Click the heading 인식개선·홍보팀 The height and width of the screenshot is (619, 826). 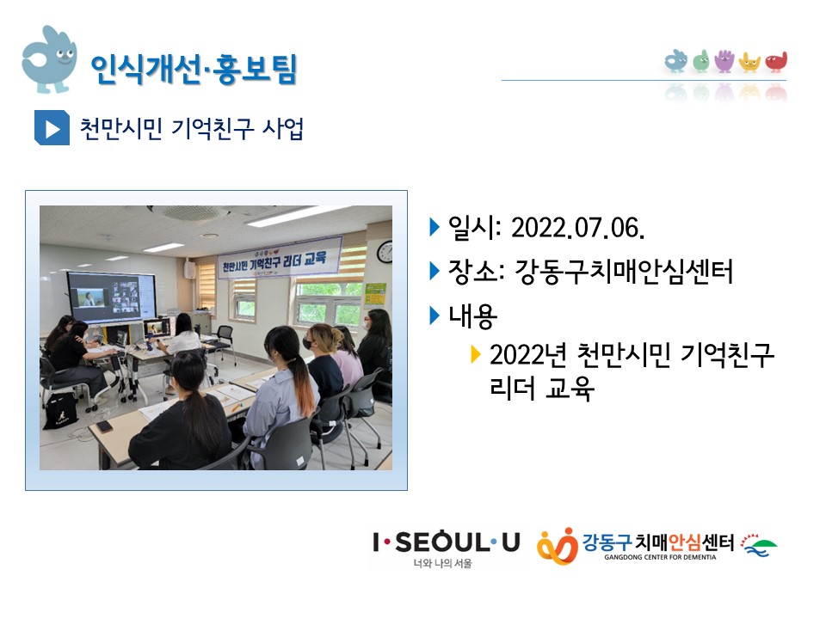click(194, 69)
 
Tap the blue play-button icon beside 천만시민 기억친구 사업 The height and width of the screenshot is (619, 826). click(52, 127)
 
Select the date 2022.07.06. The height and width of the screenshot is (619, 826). click(578, 228)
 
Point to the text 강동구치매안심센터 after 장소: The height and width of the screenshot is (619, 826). click(623, 272)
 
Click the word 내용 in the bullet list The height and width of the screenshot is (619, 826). click(472, 316)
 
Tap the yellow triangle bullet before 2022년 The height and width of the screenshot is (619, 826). click(476, 355)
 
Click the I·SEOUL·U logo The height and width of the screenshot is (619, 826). click(447, 542)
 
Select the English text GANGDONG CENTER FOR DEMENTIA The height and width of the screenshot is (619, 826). click(660, 557)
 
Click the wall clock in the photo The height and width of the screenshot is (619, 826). click(385, 252)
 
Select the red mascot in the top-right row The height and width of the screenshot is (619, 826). click(776, 62)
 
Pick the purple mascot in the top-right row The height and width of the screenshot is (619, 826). click(724, 61)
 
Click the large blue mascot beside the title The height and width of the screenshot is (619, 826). click(50, 59)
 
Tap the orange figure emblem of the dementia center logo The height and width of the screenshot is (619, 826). click(558, 547)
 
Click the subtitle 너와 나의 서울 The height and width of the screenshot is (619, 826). click(442, 563)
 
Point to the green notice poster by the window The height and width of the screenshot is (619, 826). click(375, 294)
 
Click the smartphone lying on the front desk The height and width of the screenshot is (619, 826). click(104, 426)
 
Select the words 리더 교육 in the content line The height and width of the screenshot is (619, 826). click(542, 388)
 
